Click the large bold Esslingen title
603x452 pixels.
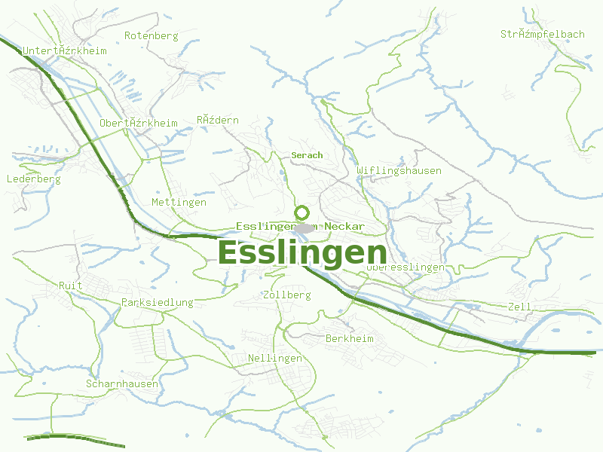click(x=302, y=252)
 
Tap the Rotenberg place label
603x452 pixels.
click(x=151, y=35)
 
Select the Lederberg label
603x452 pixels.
click(x=33, y=179)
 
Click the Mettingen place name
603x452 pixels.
click(x=179, y=203)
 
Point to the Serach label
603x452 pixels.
click(x=307, y=155)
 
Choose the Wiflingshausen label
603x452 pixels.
click(x=399, y=170)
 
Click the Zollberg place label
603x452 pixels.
click(x=286, y=295)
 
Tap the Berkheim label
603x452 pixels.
click(x=350, y=339)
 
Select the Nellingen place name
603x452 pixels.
click(x=275, y=358)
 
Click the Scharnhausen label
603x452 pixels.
click(x=122, y=383)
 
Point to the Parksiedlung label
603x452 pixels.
click(x=157, y=302)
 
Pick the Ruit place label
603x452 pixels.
click(x=71, y=286)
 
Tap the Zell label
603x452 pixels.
click(x=520, y=307)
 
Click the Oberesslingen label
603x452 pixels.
click(x=406, y=267)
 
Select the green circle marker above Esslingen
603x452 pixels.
click(x=302, y=212)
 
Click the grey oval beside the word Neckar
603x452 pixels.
click(x=305, y=228)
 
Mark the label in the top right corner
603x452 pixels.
click(x=542, y=34)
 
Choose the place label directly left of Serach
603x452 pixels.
click(x=218, y=120)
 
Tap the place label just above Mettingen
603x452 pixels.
click(x=139, y=123)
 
